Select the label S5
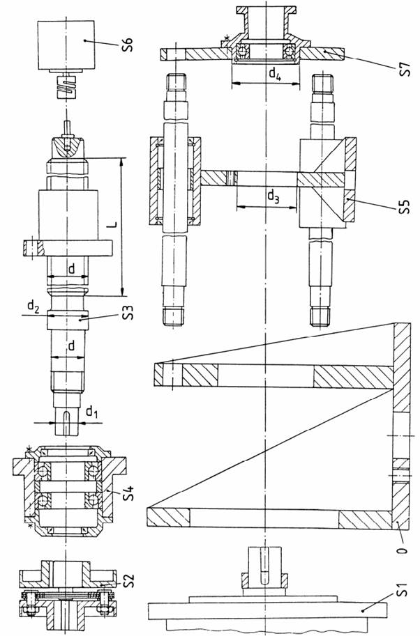pyautogui.click(x=403, y=210)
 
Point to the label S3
pyautogui.click(x=128, y=311)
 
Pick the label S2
pyautogui.click(x=127, y=580)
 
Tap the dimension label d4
pyautogui.click(x=275, y=75)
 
